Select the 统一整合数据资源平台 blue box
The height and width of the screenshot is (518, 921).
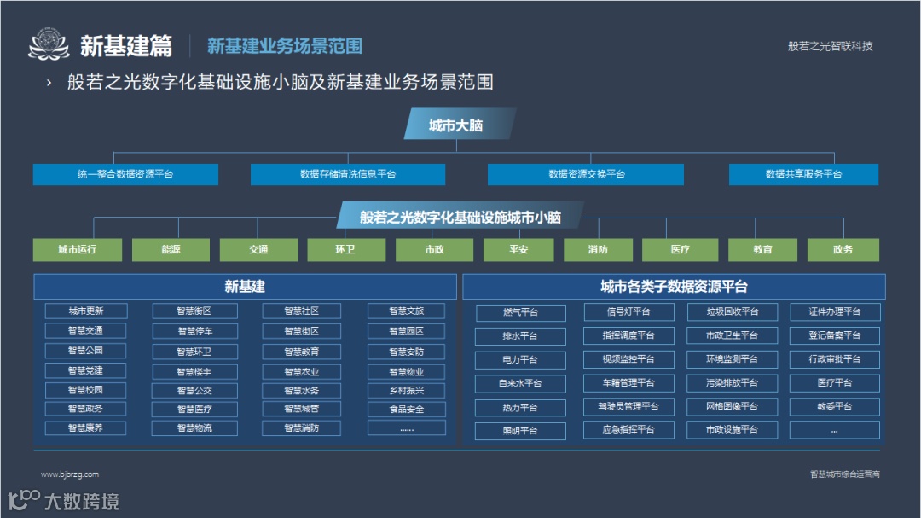point(125,174)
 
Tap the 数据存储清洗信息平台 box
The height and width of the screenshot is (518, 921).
point(348,174)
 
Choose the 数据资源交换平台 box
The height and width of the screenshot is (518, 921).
point(586,174)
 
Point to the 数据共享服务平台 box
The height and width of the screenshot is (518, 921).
point(803,174)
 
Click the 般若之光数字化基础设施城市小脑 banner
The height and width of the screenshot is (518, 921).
point(459,217)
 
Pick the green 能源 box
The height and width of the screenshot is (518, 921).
point(171,250)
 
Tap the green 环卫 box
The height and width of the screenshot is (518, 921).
point(345,250)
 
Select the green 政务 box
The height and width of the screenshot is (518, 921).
point(843,250)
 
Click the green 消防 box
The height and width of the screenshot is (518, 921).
point(598,250)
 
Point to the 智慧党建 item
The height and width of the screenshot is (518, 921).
point(85,370)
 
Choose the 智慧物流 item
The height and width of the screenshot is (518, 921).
point(194,428)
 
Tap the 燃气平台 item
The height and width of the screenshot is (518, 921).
point(520,312)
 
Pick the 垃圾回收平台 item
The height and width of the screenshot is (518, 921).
point(733,312)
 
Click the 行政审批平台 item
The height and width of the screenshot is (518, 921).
point(834,359)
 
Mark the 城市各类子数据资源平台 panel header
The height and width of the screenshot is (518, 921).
point(674,287)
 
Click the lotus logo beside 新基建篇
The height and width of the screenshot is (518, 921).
point(48,45)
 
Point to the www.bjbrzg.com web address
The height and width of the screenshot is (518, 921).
point(70,474)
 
